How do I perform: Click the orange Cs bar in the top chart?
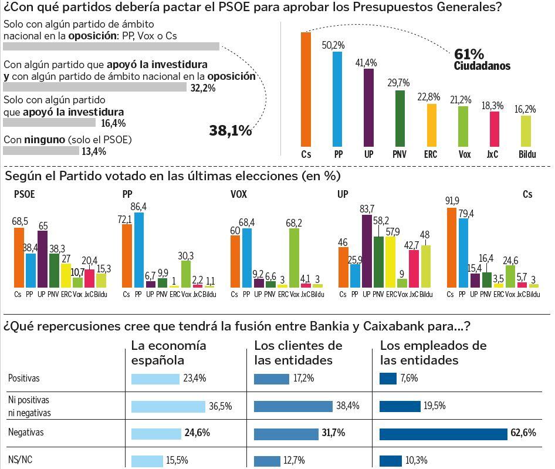[306, 89]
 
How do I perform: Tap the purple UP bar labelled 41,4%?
[369, 107]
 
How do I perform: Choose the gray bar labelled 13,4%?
[41, 151]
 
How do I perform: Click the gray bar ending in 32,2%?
[94, 87]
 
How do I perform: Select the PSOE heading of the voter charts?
[24, 194]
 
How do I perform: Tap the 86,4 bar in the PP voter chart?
[139, 249]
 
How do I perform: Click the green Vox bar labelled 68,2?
[294, 257]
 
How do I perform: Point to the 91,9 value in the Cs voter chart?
[452, 201]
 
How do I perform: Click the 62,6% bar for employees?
[444, 434]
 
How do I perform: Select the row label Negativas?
[26, 432]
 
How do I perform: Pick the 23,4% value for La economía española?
[195, 379]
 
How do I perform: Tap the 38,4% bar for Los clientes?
[293, 406]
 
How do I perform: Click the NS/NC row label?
[20, 460]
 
